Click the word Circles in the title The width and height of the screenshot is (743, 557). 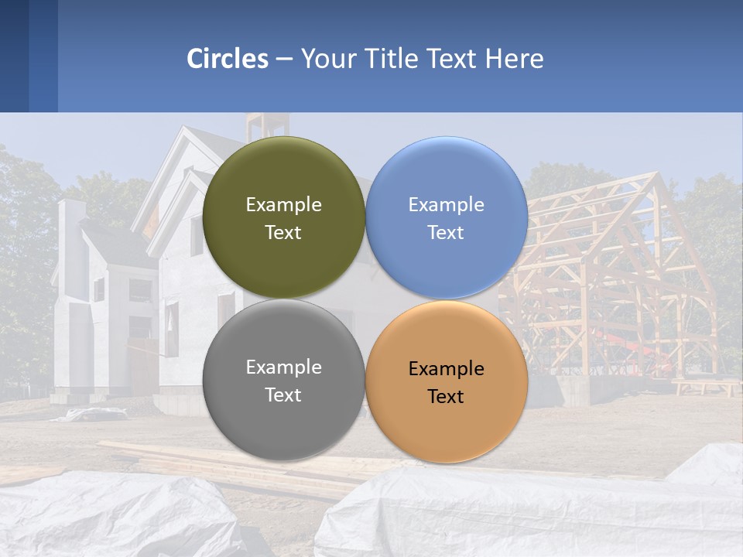228,59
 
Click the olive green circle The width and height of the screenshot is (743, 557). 283,178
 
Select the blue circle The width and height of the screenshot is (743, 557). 447,178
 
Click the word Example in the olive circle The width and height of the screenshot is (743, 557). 283,205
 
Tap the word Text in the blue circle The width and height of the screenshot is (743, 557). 446,233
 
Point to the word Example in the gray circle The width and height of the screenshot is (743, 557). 283,367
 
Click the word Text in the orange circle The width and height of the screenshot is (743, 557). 446,397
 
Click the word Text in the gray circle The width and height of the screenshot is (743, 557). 283,395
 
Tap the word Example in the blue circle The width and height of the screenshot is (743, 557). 446,205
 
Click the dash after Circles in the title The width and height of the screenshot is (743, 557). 284,60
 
